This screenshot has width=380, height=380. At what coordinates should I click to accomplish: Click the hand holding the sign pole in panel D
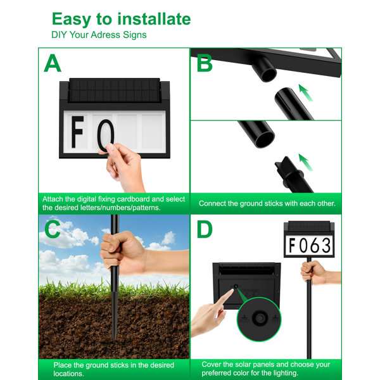tap(313, 272)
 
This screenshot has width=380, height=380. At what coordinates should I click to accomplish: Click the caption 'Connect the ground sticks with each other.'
tap(267, 203)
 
